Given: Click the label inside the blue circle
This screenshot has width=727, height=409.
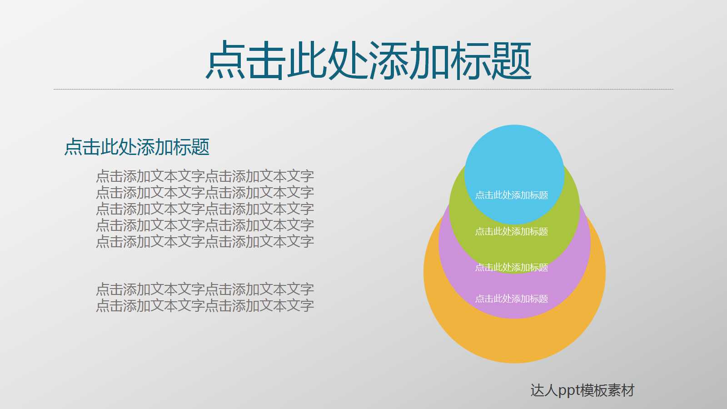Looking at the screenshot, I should tap(512, 195).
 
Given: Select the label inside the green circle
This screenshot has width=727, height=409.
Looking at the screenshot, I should tap(512, 232).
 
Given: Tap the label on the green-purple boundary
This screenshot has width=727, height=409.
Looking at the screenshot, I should tap(512, 268).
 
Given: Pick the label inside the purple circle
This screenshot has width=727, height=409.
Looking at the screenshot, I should tap(512, 299).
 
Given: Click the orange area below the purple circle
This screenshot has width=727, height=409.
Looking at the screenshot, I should tap(514, 341).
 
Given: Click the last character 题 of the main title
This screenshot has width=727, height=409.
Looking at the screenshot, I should tap(511, 60).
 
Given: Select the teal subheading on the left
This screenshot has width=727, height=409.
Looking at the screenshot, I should tap(137, 147).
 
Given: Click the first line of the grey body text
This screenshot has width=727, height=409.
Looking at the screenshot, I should tap(205, 176).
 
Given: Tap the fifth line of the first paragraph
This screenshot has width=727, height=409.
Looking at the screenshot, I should tap(205, 242).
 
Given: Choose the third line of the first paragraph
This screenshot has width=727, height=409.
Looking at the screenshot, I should tap(205, 209).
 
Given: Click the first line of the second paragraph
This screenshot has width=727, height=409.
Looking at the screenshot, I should tap(205, 289).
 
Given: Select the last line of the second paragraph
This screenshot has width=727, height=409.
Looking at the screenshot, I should tap(205, 306).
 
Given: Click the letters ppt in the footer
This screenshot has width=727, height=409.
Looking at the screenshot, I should tap(569, 391).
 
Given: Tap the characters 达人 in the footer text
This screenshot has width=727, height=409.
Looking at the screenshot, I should tap(544, 391).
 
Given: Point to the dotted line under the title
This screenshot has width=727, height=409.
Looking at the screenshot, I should tap(363, 89).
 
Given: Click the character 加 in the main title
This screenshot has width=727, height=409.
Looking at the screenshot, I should tap(429, 60).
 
